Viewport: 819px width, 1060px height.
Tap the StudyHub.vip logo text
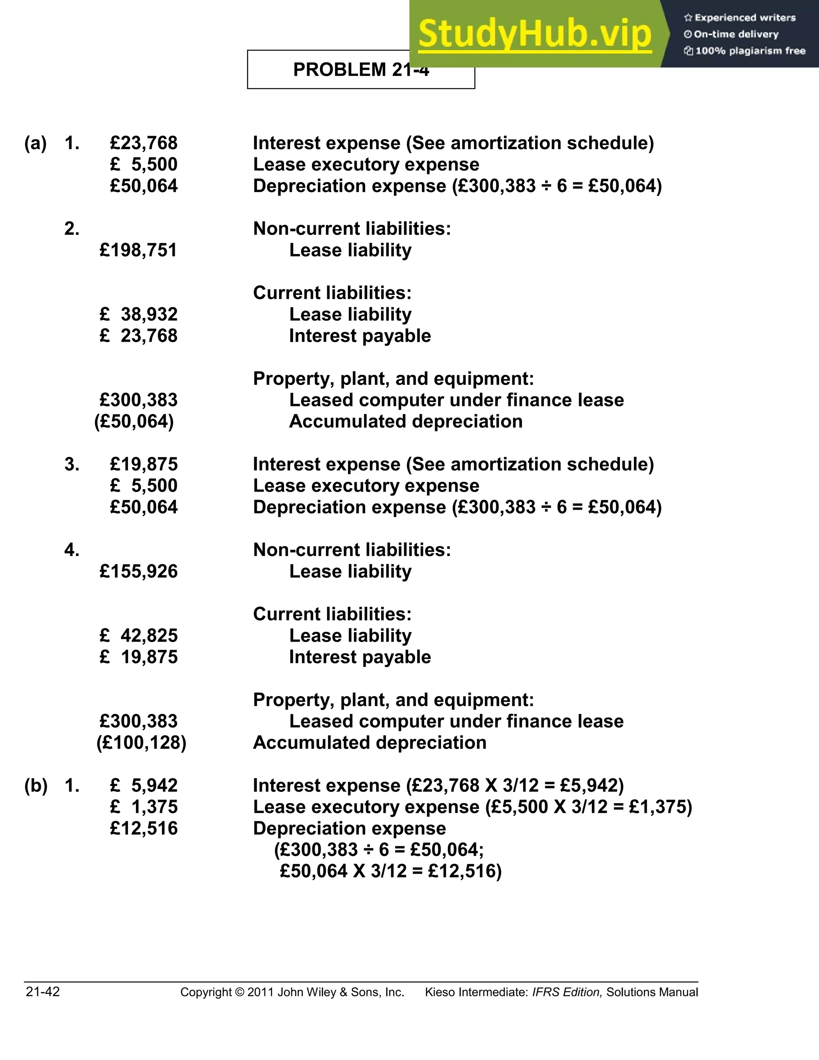[534, 34]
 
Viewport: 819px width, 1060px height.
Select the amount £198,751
[138, 250]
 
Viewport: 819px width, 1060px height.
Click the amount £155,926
[138, 572]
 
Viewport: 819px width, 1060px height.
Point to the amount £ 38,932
[138, 314]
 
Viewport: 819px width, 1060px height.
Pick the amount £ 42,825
[138, 636]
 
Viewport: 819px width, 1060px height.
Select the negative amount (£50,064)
[134, 421]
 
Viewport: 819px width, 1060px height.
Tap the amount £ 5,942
[144, 785]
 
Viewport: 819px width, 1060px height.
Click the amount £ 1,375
[144, 807]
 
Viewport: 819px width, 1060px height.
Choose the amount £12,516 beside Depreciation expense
[144, 828]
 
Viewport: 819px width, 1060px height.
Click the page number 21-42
[43, 992]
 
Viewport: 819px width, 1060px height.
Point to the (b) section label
[36, 785]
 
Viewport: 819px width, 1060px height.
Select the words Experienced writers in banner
[745, 18]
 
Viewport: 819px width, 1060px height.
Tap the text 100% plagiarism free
[750, 51]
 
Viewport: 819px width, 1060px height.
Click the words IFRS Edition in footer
[567, 992]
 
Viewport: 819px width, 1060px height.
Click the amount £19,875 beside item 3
[144, 464]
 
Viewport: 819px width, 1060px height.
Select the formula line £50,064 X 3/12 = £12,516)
[391, 871]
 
